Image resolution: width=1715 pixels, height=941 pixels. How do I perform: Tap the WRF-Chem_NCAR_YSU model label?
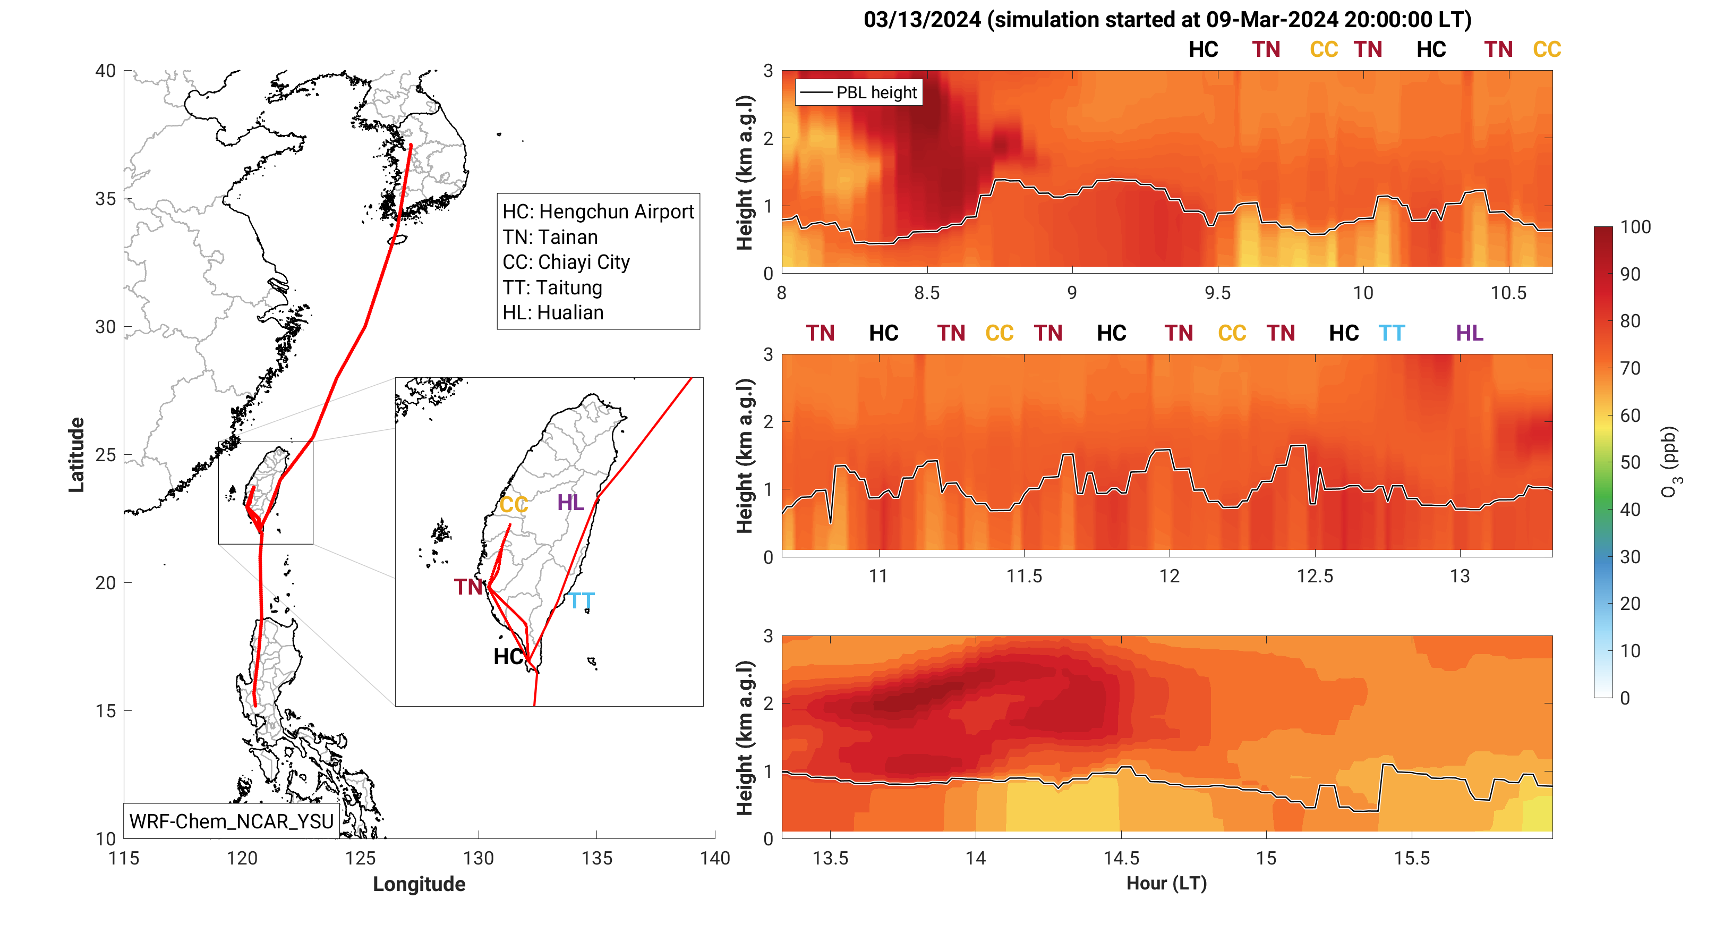coord(231,821)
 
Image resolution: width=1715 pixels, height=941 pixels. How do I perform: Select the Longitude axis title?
coord(419,884)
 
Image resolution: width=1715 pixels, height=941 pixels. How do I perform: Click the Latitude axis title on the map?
coord(76,455)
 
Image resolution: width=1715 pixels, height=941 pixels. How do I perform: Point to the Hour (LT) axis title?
coord(1166,883)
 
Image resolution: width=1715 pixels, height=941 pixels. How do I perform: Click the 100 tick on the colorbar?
coord(1635,227)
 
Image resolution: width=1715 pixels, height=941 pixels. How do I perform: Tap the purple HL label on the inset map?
coord(570,502)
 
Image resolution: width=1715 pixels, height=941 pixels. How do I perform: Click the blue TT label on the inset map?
coord(581,601)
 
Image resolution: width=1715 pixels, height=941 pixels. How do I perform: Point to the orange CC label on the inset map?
coord(513,505)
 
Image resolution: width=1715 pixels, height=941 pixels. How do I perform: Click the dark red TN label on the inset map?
coord(468,587)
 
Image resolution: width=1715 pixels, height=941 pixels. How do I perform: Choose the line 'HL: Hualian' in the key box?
coord(552,312)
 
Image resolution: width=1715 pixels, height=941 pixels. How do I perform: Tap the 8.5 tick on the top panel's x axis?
coord(927,293)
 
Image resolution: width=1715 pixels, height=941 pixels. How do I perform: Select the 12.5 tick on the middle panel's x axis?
coord(1315,576)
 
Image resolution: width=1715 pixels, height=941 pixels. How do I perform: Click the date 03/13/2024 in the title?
coord(922,20)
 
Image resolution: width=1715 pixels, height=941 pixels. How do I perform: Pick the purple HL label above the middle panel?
coord(1469,333)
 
